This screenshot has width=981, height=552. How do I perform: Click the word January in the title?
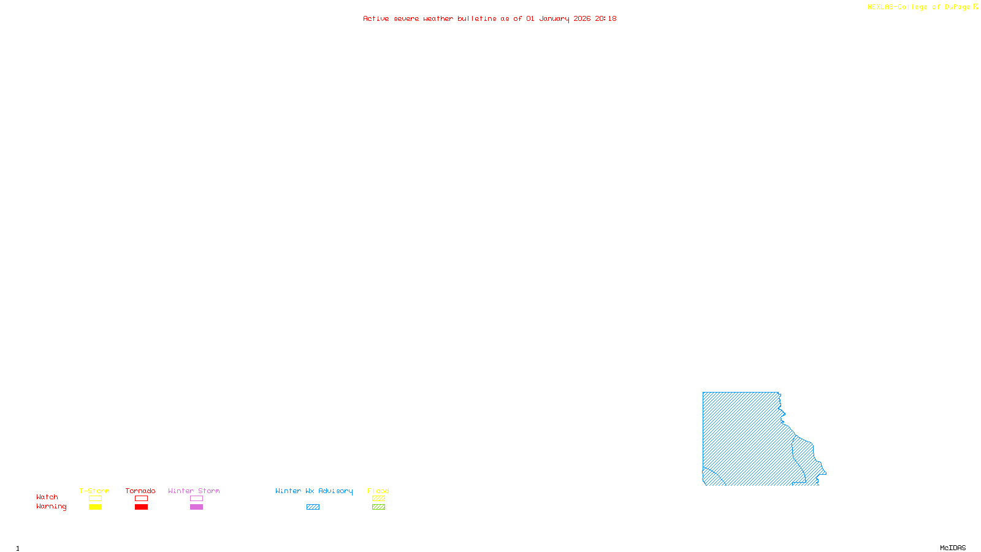(554, 18)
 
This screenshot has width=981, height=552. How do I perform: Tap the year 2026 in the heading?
(582, 18)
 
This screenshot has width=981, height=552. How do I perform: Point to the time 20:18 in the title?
(606, 18)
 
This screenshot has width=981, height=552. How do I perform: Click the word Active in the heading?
(376, 18)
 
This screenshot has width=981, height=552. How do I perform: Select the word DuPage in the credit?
(957, 7)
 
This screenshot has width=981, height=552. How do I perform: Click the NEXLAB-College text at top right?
(897, 7)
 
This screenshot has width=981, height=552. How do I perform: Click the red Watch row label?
(47, 497)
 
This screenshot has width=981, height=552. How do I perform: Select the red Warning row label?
(51, 507)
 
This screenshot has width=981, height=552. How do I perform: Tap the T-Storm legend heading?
(94, 491)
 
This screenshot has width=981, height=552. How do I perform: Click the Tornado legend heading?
(140, 491)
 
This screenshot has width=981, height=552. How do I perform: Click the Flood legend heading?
(378, 491)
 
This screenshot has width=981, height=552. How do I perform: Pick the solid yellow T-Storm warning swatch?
(95, 507)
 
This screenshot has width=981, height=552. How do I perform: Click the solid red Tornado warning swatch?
(142, 507)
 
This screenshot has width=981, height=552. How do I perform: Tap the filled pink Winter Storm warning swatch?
(196, 507)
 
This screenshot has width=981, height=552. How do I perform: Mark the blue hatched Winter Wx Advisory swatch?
(313, 507)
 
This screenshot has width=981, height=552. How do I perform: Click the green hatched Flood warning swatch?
(378, 507)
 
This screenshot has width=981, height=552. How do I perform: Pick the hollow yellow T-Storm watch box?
(95, 499)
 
